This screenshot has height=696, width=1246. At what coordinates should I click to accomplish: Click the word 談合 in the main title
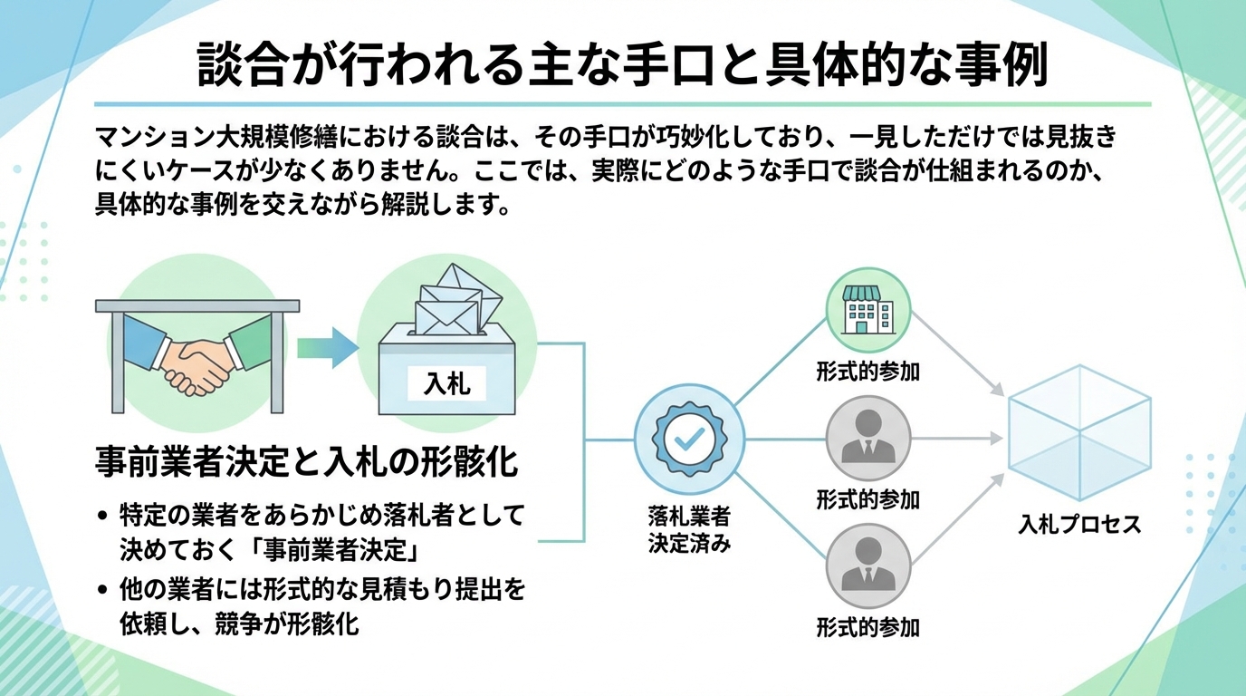click(238, 64)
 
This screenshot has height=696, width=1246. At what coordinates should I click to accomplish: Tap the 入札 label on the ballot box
click(447, 383)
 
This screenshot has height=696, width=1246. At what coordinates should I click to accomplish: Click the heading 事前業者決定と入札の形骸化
click(307, 462)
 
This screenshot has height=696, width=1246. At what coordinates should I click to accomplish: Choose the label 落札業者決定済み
click(689, 530)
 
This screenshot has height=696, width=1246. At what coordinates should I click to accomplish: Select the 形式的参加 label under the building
click(867, 371)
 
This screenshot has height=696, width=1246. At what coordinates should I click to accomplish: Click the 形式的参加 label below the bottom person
click(867, 627)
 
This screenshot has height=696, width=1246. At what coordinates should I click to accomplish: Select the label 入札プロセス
click(1079, 524)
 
